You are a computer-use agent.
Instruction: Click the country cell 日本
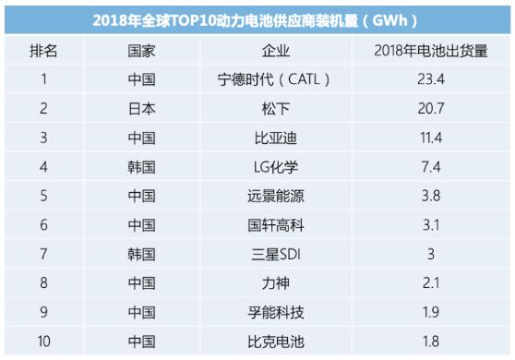(141, 109)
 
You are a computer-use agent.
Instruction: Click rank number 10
(42, 342)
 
